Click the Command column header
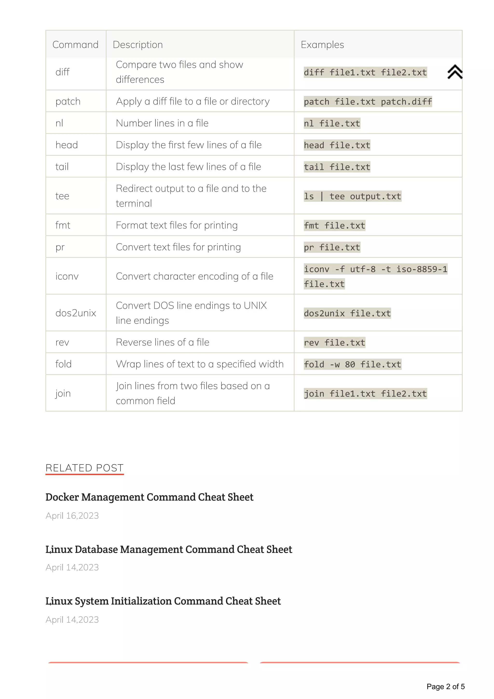[75, 45]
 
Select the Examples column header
[322, 45]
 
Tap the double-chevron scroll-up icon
[455, 72]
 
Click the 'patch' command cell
[68, 101]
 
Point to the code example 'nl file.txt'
[332, 123]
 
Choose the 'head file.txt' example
[337, 145]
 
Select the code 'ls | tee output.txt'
[352, 196]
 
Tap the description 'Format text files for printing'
[177, 225]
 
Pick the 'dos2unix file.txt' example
[347, 313]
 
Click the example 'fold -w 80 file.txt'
[352, 364]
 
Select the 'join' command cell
[63, 393]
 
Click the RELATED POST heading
[84, 468]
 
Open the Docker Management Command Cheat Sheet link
[149, 497]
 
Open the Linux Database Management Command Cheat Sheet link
[169, 549]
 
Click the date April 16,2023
[72, 516]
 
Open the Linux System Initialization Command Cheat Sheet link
[163, 601]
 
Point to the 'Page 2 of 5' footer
[445, 686]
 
